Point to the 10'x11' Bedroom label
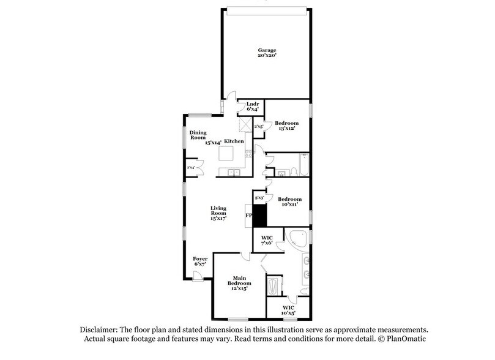tap(290, 203)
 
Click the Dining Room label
tap(197, 135)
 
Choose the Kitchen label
tap(234, 141)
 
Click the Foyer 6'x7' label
tap(200, 262)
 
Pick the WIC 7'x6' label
tap(267, 241)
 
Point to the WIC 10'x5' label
tap(289, 310)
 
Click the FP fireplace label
tap(249, 216)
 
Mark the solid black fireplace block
tap(260, 216)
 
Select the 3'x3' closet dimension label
tap(259, 198)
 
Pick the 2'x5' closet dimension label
tap(258, 127)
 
